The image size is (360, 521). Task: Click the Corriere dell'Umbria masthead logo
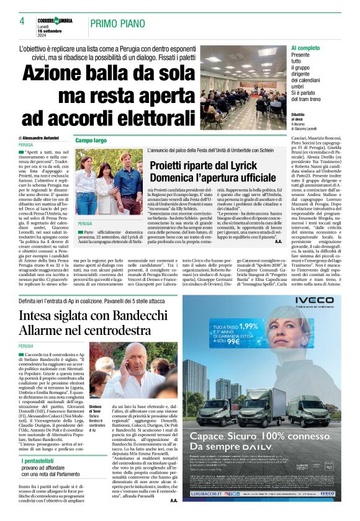(x=61, y=21)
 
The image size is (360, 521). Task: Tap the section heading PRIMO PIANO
(x=118, y=24)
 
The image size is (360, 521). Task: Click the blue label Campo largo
(x=91, y=141)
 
